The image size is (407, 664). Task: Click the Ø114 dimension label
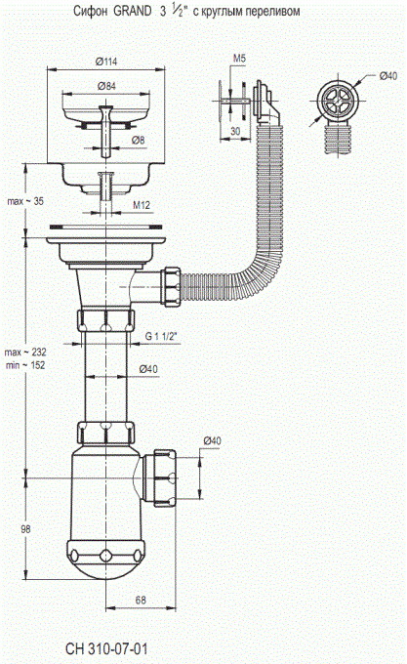(106, 62)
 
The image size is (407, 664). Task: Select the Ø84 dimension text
(106, 86)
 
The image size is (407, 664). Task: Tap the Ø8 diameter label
(138, 141)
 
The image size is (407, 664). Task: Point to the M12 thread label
(142, 205)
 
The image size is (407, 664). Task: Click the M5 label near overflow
(239, 59)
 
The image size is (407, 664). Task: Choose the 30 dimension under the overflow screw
(235, 131)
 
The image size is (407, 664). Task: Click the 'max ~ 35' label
(25, 201)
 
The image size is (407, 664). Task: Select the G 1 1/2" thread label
(161, 336)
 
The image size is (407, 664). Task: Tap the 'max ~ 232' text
(25, 352)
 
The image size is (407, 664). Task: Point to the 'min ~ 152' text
(25, 365)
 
